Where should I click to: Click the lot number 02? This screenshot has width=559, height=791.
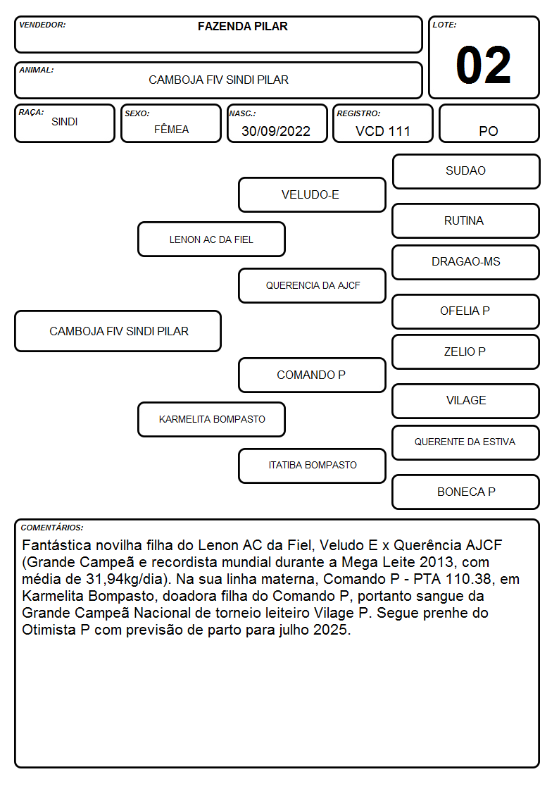click(483, 65)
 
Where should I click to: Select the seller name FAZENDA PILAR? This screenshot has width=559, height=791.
click(242, 26)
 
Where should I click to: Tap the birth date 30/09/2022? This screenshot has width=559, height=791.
click(276, 131)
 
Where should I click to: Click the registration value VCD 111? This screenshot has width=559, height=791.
click(382, 131)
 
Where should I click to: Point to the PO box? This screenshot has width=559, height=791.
click(489, 123)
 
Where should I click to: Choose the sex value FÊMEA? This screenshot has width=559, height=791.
click(171, 129)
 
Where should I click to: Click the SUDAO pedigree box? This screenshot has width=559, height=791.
click(466, 172)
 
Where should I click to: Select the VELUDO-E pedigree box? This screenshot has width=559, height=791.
click(312, 194)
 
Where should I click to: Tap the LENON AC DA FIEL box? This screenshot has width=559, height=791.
click(211, 239)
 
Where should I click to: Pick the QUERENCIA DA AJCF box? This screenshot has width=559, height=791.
click(312, 285)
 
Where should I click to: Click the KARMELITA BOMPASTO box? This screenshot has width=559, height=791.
click(211, 419)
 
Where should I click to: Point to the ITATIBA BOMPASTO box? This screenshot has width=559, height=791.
click(312, 466)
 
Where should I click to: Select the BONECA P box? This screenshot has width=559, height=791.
click(466, 492)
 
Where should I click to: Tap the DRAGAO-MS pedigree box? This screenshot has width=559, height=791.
click(466, 262)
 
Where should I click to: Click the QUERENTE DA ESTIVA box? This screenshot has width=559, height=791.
click(466, 442)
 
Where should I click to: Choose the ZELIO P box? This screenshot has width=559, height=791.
click(466, 351)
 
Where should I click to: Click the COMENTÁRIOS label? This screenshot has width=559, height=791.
click(52, 528)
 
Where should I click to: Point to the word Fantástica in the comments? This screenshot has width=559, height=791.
click(56, 545)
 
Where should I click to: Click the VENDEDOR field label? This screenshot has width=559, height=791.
click(42, 25)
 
